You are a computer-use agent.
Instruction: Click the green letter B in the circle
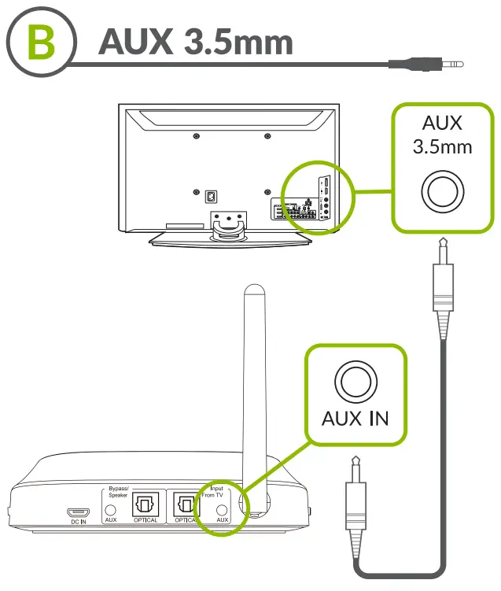point(40,43)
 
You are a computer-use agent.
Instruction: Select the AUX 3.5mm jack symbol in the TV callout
point(442,190)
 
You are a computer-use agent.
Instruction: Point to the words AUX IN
point(355,418)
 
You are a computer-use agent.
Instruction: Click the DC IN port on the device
point(76,510)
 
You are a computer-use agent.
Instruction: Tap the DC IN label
point(76,521)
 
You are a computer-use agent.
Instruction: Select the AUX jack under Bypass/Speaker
point(111,510)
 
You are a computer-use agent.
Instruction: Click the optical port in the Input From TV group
point(186,504)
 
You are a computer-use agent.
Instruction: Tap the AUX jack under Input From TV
point(222,510)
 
